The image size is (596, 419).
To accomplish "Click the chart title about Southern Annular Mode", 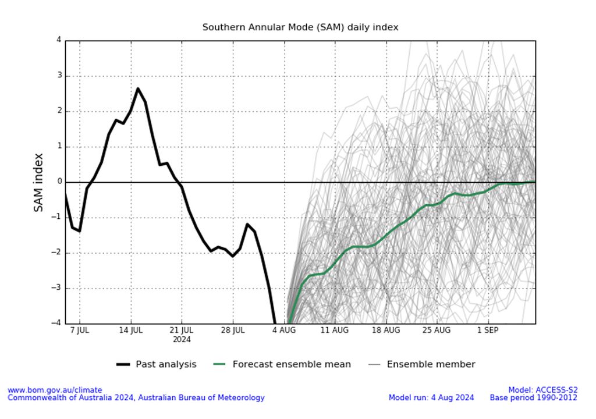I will coord(300,27).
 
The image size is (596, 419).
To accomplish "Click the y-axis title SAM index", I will coord(38,182).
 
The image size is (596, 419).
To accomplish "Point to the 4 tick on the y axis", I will coord(59,40).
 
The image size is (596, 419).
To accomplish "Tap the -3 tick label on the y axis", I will coord(57,288).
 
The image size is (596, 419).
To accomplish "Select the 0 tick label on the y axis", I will coord(59,182).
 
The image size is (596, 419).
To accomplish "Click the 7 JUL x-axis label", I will coord(80,330).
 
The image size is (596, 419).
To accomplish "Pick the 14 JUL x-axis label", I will coord(131,330).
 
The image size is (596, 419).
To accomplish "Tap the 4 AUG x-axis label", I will coord(284,330).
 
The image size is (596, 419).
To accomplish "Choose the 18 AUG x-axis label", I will coord(386,330).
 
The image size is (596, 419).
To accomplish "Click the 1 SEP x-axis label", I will coord(488,330).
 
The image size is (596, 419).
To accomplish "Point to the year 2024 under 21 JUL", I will coord(182,339).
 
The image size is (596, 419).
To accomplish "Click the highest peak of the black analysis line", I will coord(138,88).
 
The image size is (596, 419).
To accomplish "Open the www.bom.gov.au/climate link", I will coord(55,390).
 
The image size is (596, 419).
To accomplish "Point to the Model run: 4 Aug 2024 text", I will coord(431,397).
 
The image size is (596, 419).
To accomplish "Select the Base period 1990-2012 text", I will coord(533,397).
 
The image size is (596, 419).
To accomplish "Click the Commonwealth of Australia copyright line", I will coord(136,397).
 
